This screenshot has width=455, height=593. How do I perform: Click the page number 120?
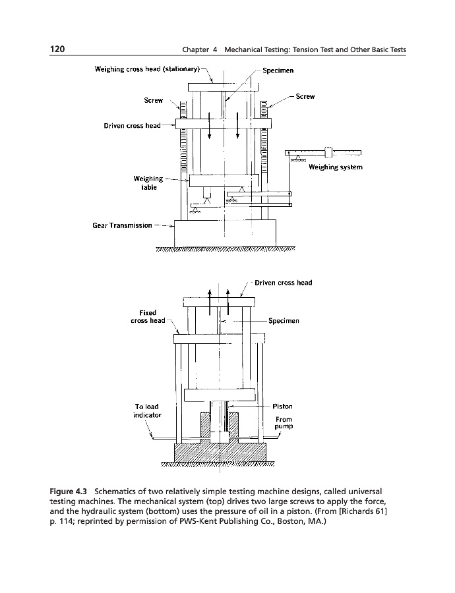(x=57, y=49)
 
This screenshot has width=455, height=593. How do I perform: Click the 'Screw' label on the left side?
(x=153, y=101)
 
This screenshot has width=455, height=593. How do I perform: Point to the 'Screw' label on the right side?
(x=305, y=96)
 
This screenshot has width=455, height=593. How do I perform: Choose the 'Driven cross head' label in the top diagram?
(x=132, y=125)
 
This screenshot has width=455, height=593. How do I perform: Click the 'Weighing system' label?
(x=336, y=167)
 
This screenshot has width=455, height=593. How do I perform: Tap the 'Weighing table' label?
(x=148, y=182)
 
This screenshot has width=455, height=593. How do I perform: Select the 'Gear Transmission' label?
(x=123, y=225)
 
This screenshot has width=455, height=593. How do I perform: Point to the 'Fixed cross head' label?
(x=148, y=316)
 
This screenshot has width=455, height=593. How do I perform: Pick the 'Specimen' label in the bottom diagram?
(x=284, y=321)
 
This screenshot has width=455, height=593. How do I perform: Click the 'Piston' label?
(x=282, y=407)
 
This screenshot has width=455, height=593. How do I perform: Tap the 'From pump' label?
(x=284, y=423)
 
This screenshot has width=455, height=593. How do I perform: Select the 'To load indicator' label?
(x=147, y=411)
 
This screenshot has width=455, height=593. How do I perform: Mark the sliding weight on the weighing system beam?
(x=328, y=152)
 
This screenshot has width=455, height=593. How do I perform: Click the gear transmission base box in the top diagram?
(x=224, y=232)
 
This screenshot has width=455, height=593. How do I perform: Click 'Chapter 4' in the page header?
(x=202, y=50)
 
